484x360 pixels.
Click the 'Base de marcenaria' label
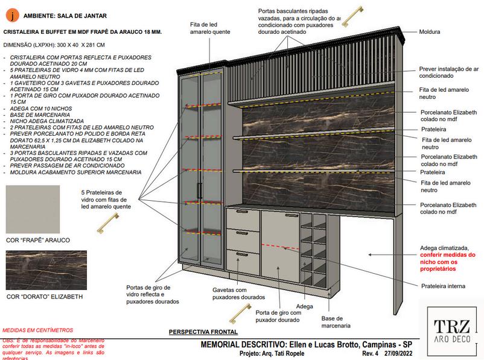pos(336,322)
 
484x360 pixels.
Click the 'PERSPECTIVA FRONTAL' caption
pos(203,332)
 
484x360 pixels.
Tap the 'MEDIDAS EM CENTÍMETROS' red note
pos(38,330)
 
